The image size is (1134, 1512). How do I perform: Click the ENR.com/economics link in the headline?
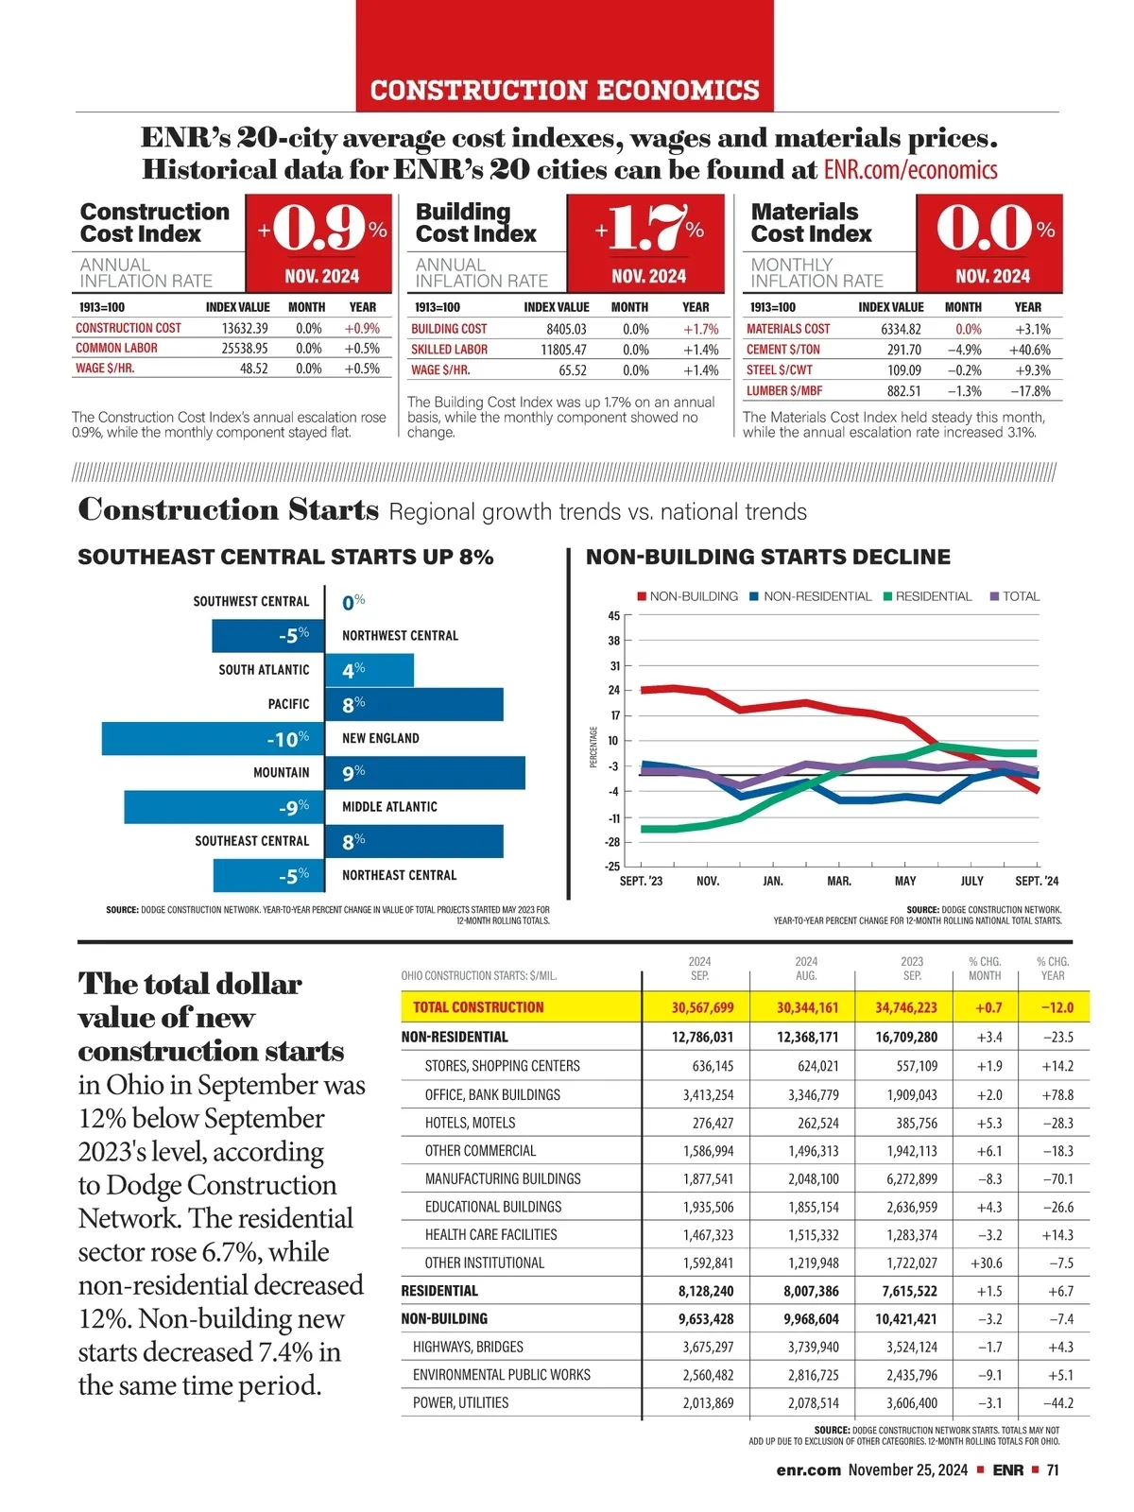pos(910,170)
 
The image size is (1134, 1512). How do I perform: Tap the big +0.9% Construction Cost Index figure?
pos(322,230)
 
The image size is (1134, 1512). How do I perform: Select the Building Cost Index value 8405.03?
pos(566,329)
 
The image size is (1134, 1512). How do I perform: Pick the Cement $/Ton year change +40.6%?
pos(1029,350)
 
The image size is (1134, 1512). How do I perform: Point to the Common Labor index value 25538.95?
pos(245,348)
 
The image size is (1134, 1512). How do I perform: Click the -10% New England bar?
pos(213,738)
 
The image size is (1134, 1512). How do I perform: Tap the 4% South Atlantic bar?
pos(369,670)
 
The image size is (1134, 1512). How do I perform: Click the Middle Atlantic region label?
pos(389,807)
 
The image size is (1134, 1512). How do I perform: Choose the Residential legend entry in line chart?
pos(927,596)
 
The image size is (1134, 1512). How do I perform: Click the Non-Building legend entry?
pos(687,596)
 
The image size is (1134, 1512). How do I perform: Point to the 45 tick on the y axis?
pos(614,616)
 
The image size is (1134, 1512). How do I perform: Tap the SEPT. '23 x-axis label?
pos(641,881)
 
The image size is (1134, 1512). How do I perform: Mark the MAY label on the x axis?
pos(905,881)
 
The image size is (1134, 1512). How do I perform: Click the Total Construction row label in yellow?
pos(478,1007)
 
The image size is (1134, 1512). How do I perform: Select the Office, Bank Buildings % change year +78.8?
pos(1057,1094)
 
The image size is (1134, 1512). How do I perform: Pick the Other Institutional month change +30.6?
pos(986,1263)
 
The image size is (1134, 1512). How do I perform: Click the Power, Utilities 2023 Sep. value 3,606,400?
pos(911,1402)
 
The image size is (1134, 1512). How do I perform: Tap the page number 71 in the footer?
pos(1053,1469)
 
